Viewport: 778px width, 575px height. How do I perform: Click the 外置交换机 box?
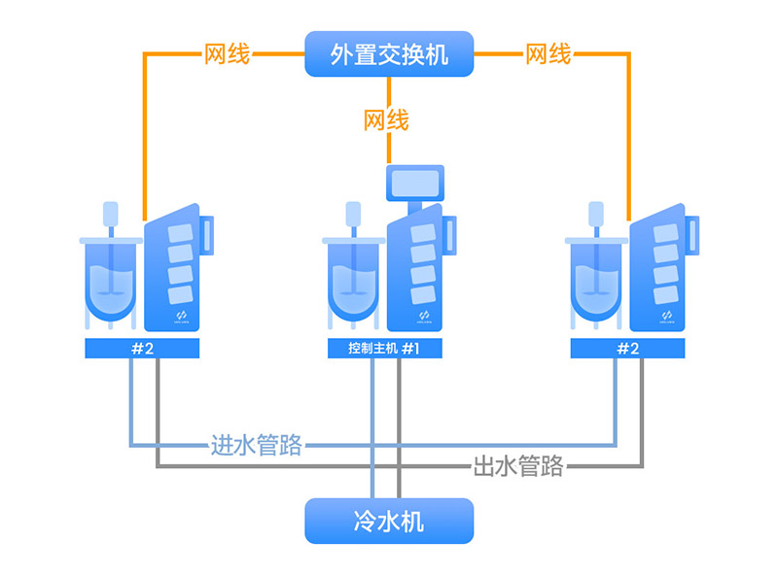(x=389, y=53)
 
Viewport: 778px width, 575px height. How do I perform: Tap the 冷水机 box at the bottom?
(x=389, y=521)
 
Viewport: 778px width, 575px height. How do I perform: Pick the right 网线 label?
(x=548, y=53)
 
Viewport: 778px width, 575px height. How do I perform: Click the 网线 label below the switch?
(x=386, y=120)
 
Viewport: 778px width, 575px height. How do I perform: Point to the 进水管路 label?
(x=257, y=446)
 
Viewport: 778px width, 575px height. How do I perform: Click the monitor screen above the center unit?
(x=413, y=181)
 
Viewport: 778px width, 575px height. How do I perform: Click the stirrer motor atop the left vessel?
(x=110, y=213)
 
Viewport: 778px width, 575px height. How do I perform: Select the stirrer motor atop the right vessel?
(x=595, y=213)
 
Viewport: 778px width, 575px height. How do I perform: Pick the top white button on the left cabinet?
(x=182, y=234)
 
